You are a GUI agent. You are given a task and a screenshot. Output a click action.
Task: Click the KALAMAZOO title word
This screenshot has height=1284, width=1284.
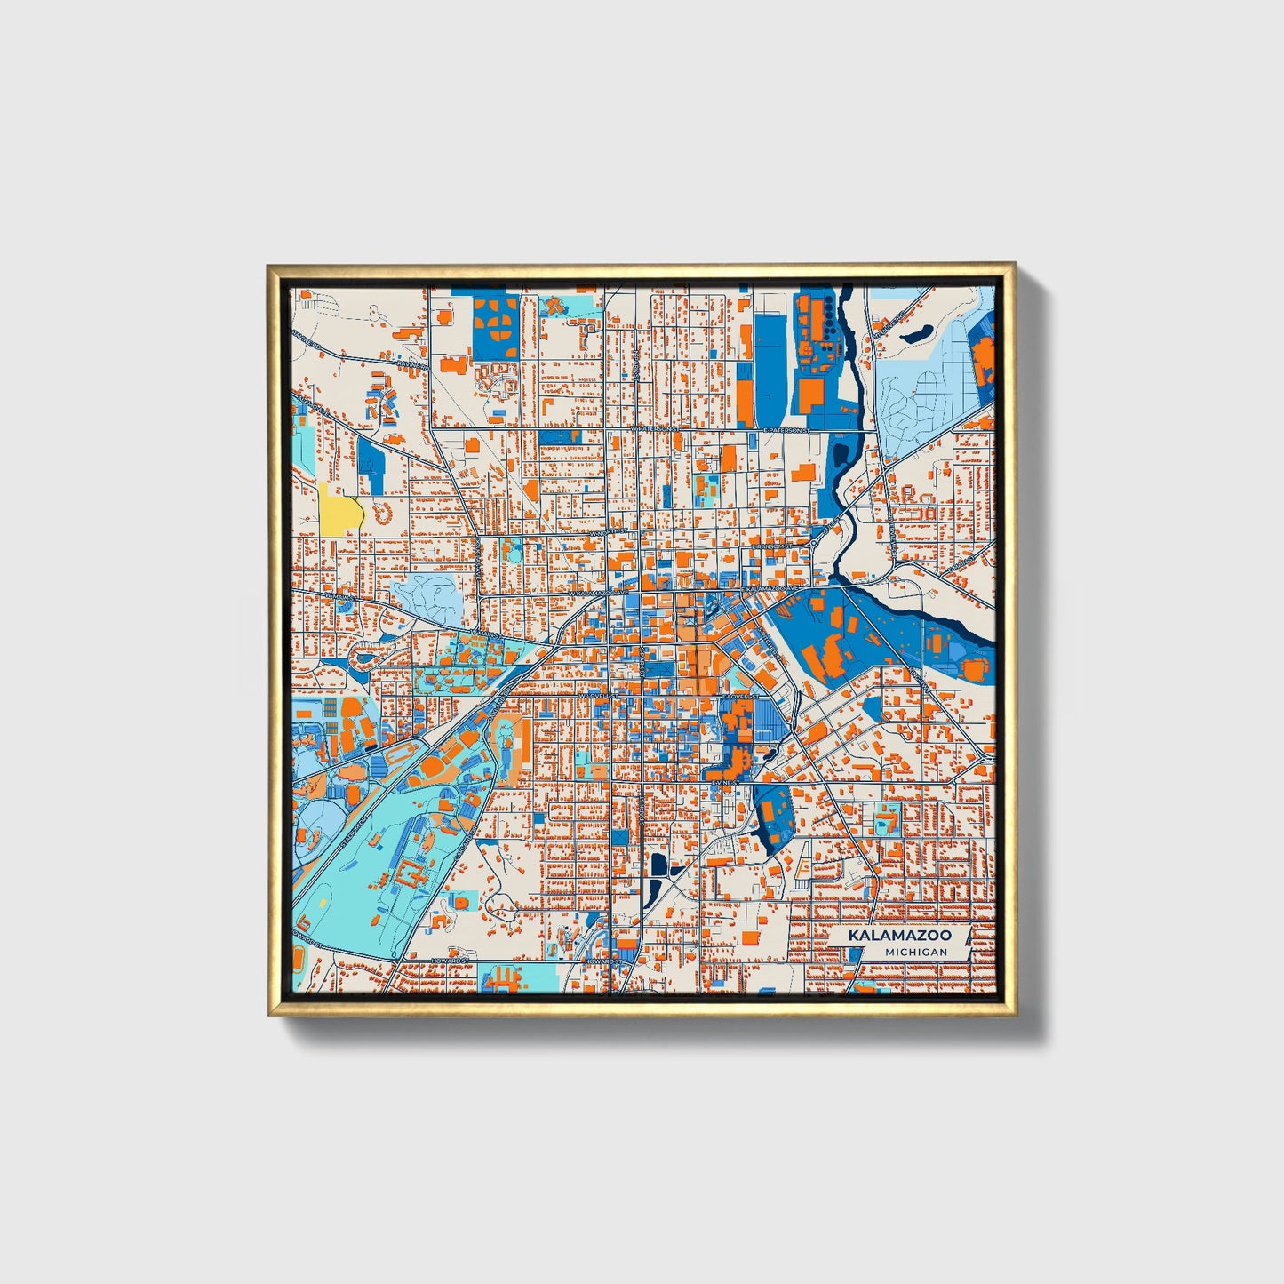click(899, 936)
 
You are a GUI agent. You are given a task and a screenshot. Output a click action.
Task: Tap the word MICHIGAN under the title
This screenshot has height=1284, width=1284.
click(915, 952)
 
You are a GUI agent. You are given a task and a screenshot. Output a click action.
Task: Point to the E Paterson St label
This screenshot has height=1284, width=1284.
click(785, 429)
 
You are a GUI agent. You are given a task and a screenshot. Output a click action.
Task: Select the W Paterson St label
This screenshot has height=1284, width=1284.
click(654, 428)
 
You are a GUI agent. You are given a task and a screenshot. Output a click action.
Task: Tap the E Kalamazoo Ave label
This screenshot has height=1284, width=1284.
click(772, 588)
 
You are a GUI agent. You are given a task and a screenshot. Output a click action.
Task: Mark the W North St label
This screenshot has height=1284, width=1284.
click(608, 531)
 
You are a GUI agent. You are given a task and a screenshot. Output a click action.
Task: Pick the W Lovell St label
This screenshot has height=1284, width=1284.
click(594, 696)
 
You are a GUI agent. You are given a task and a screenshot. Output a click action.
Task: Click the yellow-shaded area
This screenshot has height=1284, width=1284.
click(340, 513)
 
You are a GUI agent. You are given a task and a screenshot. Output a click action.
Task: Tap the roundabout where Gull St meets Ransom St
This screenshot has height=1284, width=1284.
click(815, 542)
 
